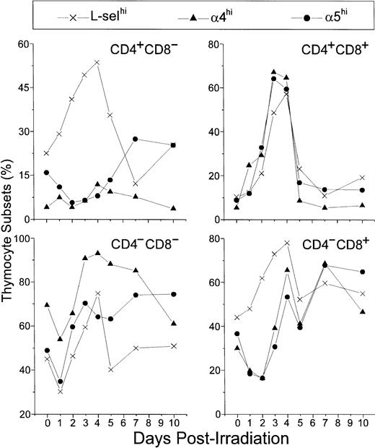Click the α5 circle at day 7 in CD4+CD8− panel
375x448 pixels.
135,139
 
